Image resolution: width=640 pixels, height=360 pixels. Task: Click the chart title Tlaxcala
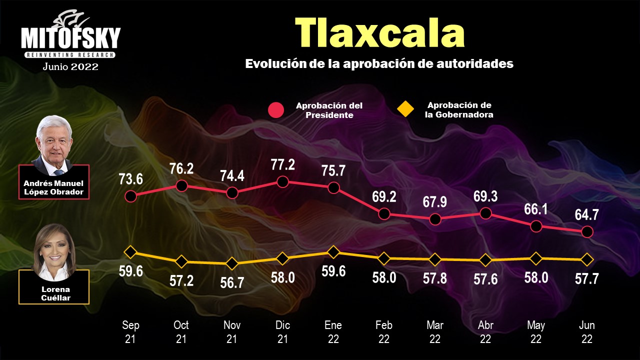379,33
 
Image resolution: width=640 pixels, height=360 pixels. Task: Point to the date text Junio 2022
70,66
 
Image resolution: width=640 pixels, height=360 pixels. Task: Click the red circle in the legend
275,110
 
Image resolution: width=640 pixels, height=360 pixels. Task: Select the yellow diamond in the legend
405,109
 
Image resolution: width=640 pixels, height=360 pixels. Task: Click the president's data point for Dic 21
282,181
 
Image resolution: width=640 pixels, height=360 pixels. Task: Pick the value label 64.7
587,215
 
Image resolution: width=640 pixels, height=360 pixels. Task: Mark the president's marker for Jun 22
587,232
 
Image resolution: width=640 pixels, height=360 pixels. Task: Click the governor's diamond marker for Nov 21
232,263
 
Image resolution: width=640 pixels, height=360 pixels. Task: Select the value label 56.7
232,282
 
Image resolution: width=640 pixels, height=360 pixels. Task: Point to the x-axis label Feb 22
384,332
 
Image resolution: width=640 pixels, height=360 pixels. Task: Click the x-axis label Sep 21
130,332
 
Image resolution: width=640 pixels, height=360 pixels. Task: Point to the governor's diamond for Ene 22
333,251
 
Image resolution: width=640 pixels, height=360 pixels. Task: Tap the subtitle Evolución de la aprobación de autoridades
379,64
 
